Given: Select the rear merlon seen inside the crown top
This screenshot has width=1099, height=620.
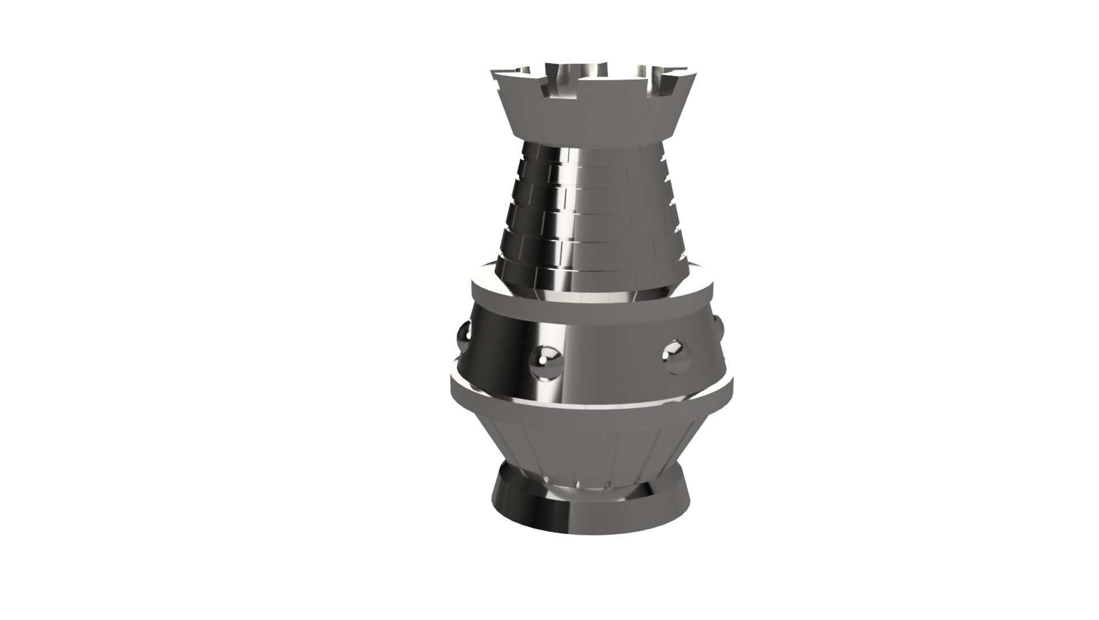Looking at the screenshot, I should click(591, 69).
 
